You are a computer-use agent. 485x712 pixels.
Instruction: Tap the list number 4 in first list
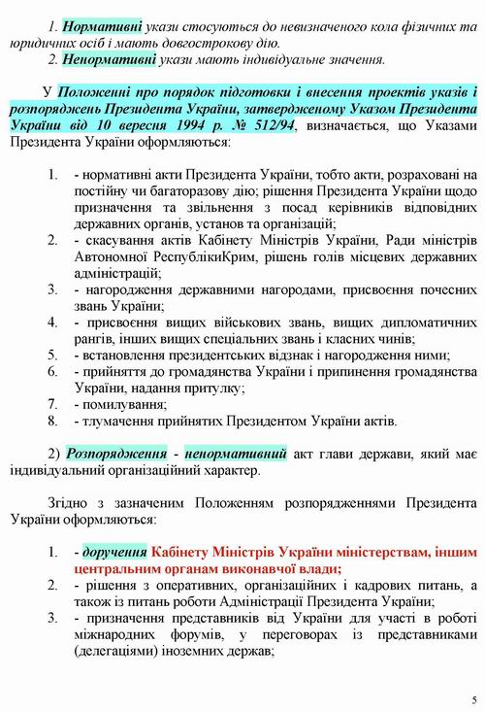click(x=54, y=322)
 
